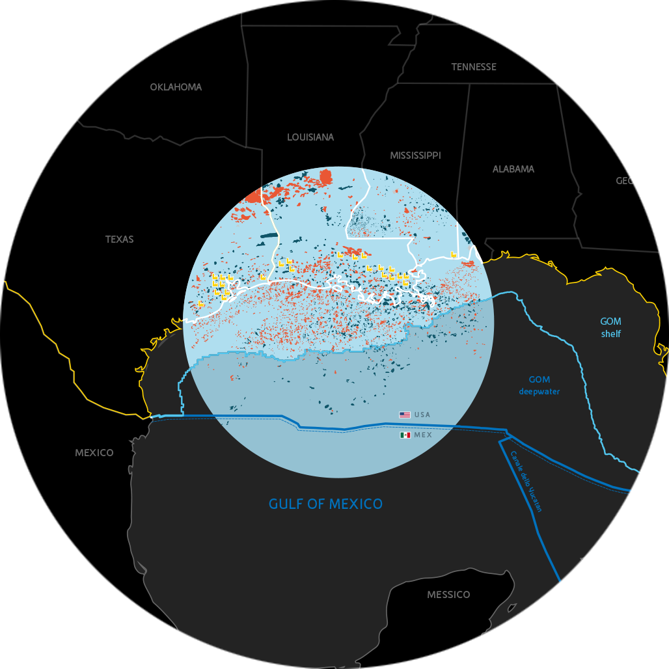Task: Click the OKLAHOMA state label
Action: [176, 87]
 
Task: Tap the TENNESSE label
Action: [474, 67]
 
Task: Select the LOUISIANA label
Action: [310, 137]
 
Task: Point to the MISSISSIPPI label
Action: [415, 156]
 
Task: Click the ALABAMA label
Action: [513, 169]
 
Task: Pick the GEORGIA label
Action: [636, 181]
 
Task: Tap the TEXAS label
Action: [120, 239]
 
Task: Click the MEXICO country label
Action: [94, 453]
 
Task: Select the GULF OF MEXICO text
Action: [326, 504]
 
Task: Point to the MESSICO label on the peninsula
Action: [448, 595]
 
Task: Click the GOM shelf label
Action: [611, 327]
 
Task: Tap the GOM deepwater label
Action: [539, 385]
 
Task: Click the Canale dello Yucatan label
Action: [526, 482]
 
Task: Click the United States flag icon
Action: [405, 415]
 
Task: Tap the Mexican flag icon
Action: [405, 435]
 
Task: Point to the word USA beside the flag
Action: [422, 415]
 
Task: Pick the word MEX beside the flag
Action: [423, 435]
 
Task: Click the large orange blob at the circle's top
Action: [325, 176]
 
